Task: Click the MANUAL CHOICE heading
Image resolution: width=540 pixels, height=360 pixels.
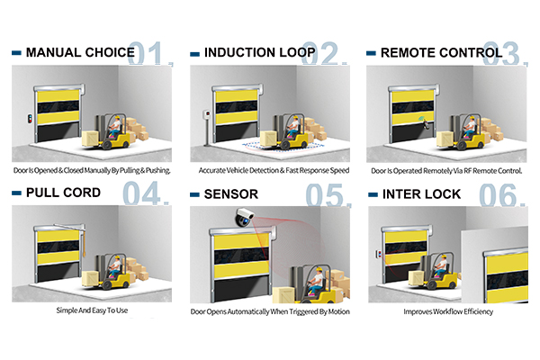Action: (x=80, y=52)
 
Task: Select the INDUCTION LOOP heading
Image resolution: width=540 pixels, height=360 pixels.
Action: (x=260, y=52)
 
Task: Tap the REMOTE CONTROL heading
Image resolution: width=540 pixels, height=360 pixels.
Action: (x=442, y=53)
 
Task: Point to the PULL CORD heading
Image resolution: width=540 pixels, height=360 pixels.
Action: (x=63, y=193)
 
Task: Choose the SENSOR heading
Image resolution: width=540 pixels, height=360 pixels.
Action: (x=231, y=194)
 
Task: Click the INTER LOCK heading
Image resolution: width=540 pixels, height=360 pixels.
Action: (x=421, y=194)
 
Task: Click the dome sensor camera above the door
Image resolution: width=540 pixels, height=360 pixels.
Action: (x=245, y=217)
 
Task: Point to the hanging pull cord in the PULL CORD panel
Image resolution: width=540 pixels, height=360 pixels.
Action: (x=84, y=243)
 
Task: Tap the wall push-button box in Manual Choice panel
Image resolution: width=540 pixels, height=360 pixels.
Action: (x=30, y=119)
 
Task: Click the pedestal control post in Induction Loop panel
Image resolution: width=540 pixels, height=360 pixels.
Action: (x=207, y=128)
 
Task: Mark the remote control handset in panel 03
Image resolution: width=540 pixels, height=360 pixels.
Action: (x=426, y=124)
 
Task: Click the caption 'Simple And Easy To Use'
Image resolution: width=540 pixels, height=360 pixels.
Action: (x=92, y=310)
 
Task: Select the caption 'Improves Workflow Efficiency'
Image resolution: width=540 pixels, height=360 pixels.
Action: (x=448, y=311)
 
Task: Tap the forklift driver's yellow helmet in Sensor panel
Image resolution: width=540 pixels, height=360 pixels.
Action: (x=319, y=269)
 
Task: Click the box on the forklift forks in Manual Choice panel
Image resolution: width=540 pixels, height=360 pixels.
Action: (x=90, y=139)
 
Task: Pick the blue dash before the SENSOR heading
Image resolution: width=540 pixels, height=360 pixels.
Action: (x=194, y=194)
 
